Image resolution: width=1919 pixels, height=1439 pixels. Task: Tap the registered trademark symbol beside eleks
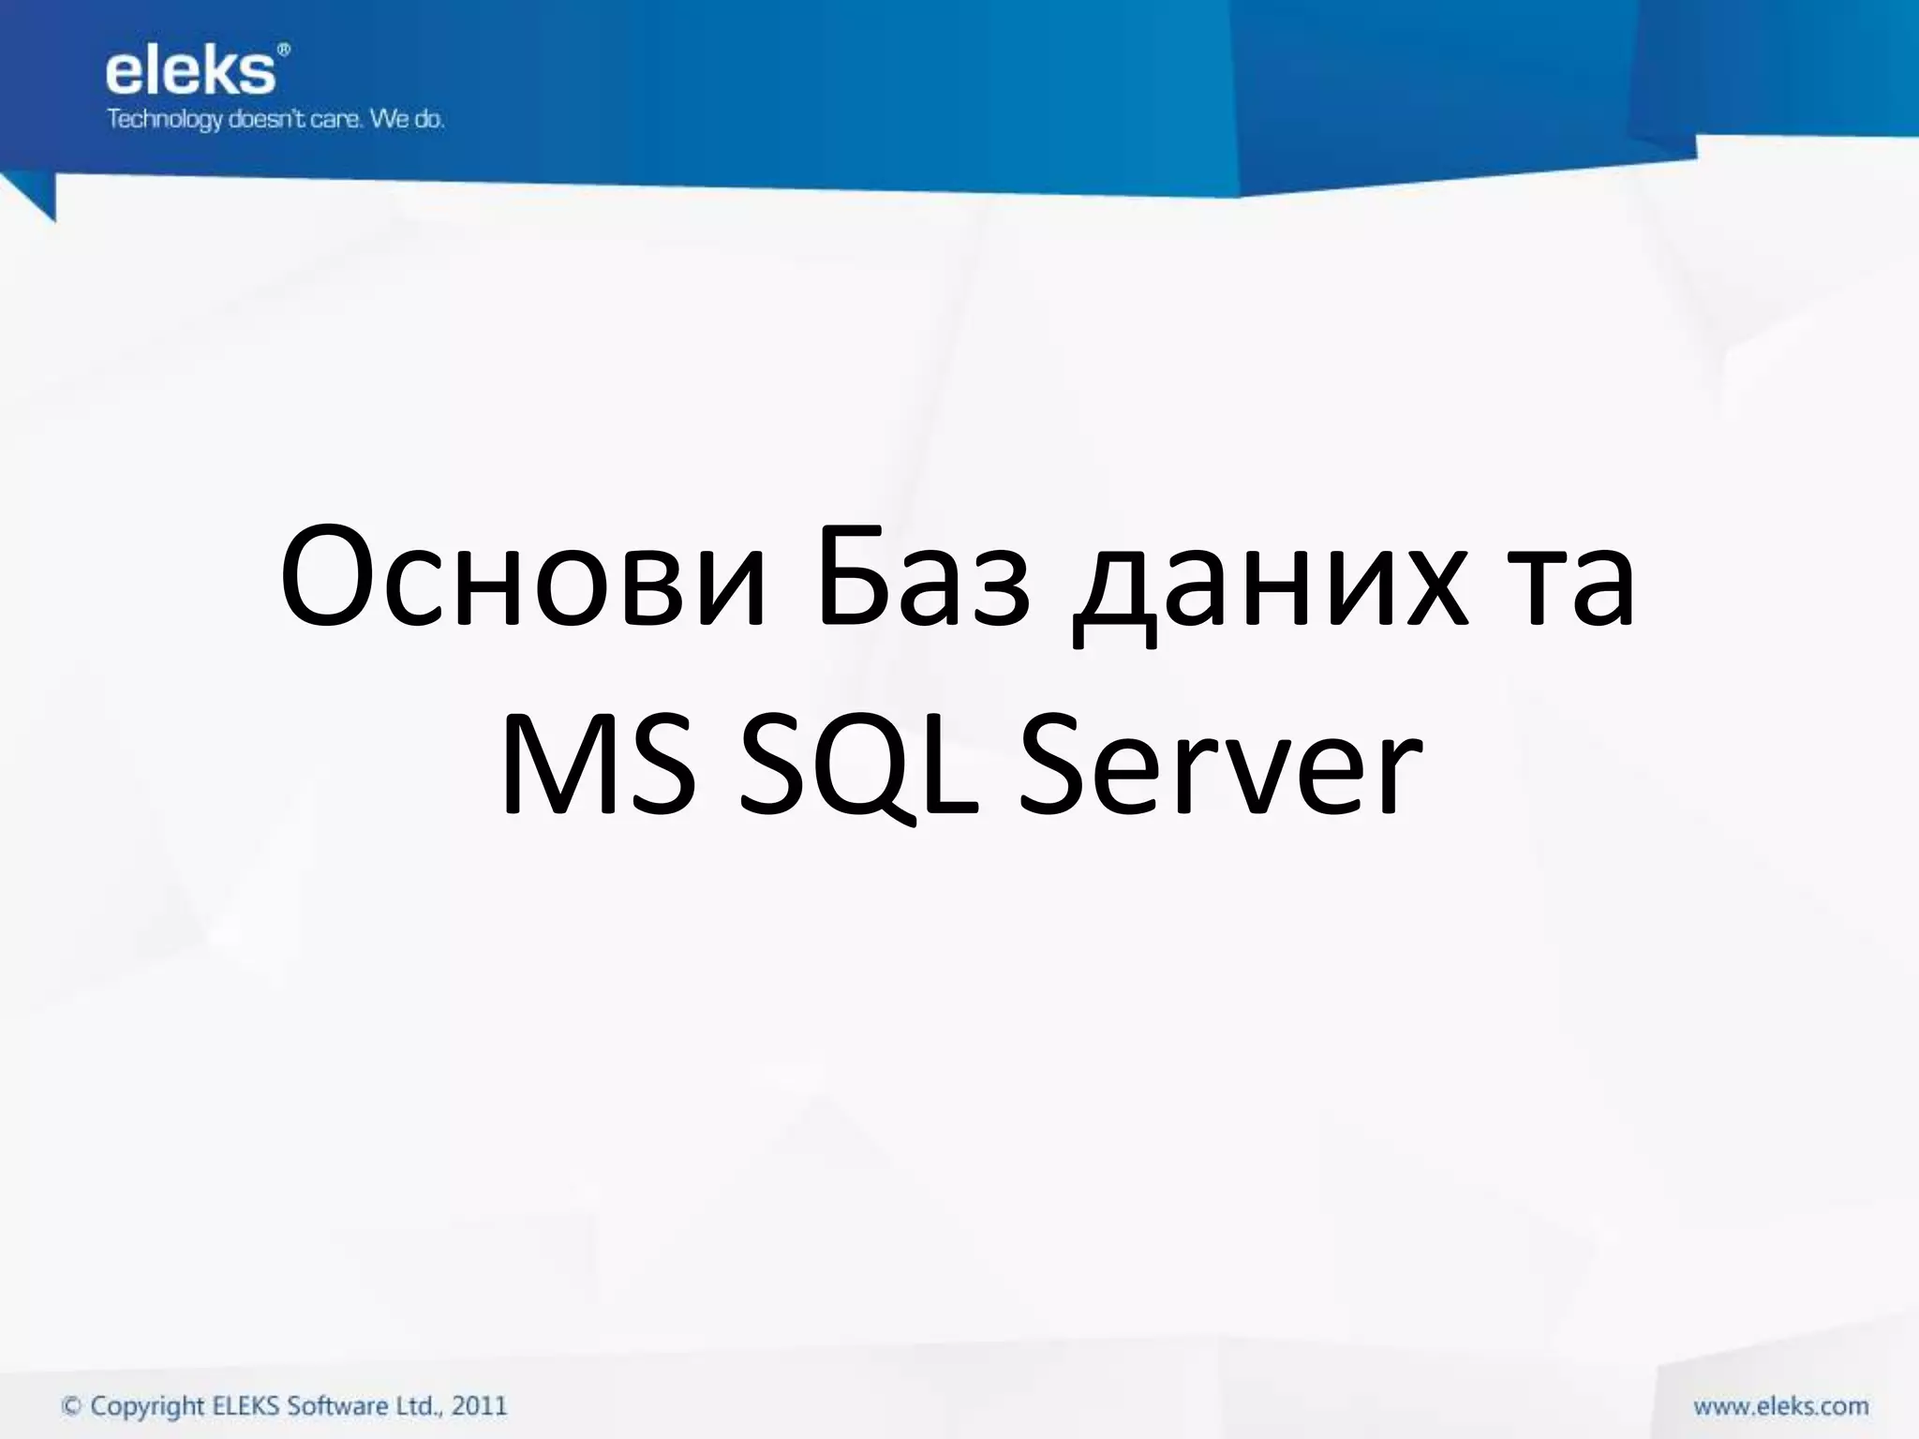pyautogui.click(x=284, y=50)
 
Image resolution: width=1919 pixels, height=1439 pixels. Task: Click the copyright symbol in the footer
pyautogui.click(x=71, y=1406)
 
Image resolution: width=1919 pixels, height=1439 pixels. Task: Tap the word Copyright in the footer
pyautogui.click(x=147, y=1407)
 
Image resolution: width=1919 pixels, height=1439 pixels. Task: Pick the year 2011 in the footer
pyautogui.click(x=479, y=1405)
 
